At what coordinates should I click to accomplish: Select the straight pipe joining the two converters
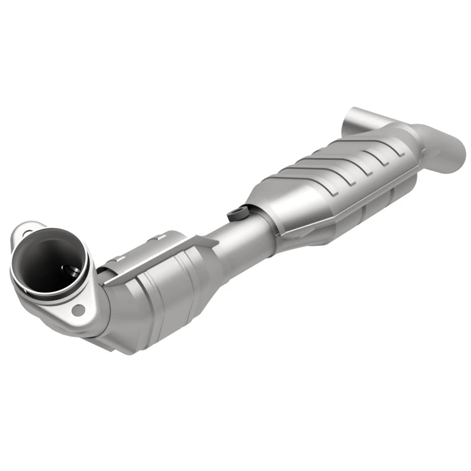(x=230, y=235)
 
